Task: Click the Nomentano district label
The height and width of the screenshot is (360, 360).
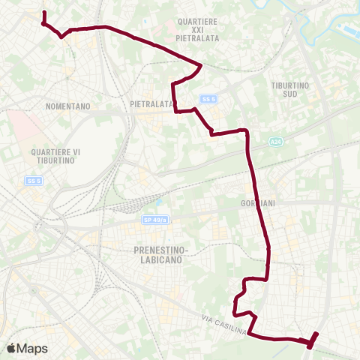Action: (67, 106)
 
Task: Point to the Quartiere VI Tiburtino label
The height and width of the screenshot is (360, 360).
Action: (55, 157)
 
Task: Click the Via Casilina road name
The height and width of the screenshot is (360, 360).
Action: (223, 327)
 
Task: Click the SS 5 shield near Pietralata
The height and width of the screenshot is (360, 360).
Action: (208, 98)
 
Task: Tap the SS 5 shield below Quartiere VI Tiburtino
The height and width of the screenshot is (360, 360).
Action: (34, 181)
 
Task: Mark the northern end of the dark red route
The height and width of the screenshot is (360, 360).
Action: (44, 13)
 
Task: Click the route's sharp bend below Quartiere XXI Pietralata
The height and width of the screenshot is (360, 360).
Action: (200, 66)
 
